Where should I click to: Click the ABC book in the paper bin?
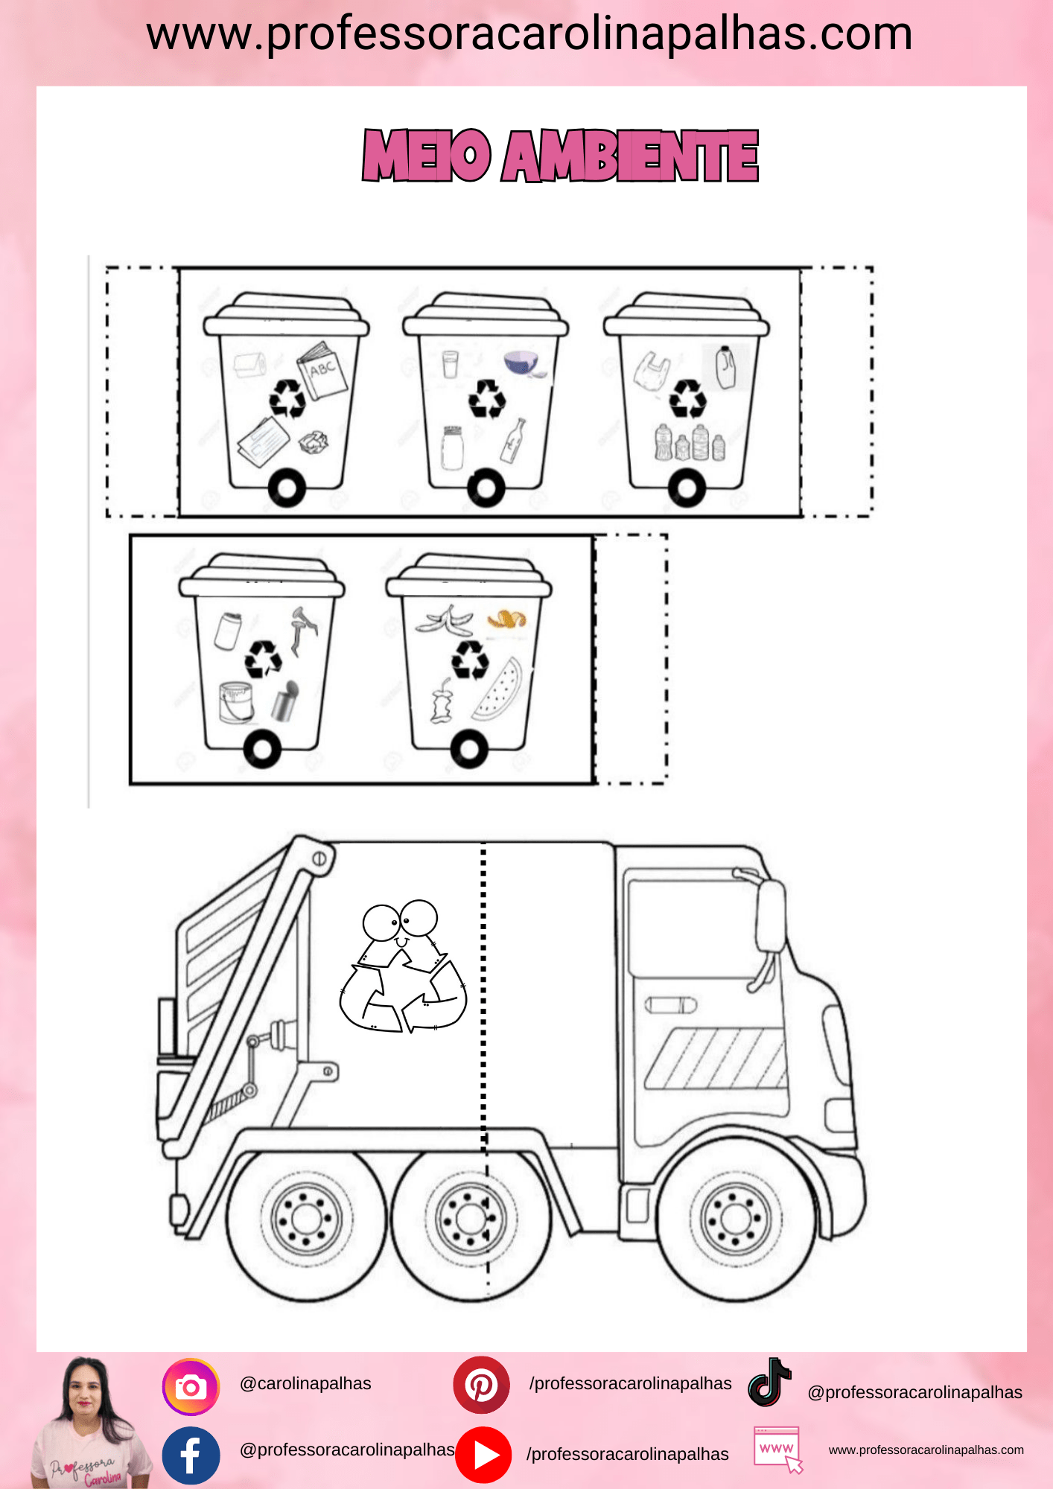tap(322, 371)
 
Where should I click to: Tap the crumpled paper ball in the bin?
tap(314, 441)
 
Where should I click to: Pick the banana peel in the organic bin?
tap(444, 619)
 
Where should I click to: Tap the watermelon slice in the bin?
tap(497, 689)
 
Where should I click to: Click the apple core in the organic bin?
tap(442, 702)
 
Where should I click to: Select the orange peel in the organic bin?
tap(506, 619)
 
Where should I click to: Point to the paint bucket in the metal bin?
tap(236, 702)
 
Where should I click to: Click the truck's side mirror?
tap(770, 916)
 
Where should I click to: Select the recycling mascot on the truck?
tap(403, 966)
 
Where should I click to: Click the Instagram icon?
tap(191, 1387)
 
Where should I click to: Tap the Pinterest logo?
tap(481, 1385)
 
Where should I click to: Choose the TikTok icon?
tap(769, 1382)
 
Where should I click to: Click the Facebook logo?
tap(191, 1455)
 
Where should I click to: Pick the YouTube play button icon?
tap(483, 1455)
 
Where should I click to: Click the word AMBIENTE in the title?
tap(630, 156)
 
